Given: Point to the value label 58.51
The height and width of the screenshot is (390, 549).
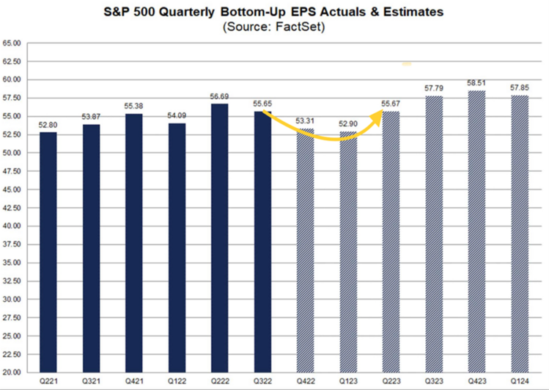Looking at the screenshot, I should [x=476, y=83].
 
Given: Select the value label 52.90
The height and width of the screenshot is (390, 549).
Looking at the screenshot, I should [x=349, y=124].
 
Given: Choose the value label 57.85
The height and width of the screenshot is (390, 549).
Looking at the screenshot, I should [x=519, y=87].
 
